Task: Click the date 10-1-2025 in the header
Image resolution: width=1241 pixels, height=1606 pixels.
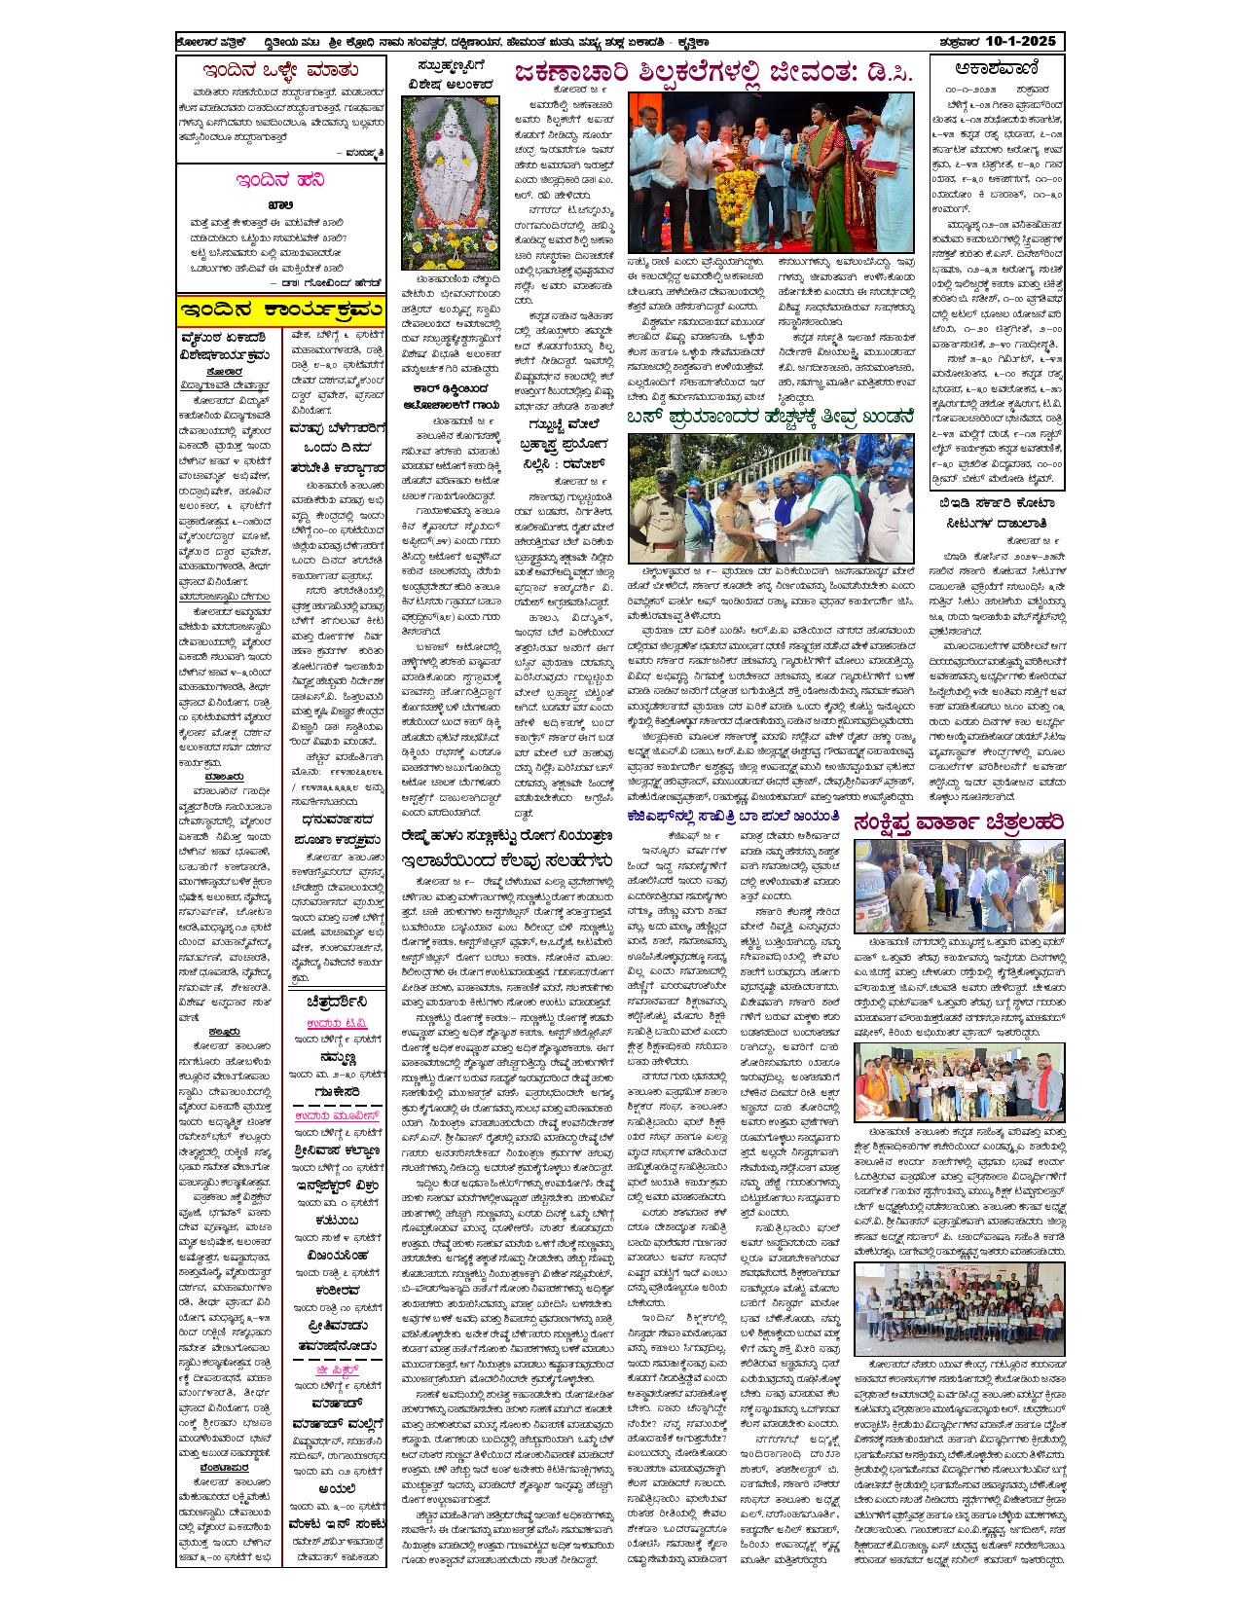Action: click(x=1023, y=42)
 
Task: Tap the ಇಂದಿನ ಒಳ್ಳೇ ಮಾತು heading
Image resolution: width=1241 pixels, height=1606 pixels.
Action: click(x=278, y=71)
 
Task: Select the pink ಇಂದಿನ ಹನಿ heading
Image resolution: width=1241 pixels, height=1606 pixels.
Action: click(x=280, y=181)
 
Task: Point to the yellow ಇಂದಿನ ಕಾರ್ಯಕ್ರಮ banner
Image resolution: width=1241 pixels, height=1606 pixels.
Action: click(x=280, y=310)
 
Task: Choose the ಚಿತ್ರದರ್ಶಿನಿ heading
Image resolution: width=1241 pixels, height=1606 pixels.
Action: click(x=334, y=1000)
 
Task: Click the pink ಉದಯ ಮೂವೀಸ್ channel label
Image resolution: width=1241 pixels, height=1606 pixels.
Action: click(x=334, y=1130)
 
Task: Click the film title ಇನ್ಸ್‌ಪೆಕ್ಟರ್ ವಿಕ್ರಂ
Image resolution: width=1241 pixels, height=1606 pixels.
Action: click(x=334, y=1186)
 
